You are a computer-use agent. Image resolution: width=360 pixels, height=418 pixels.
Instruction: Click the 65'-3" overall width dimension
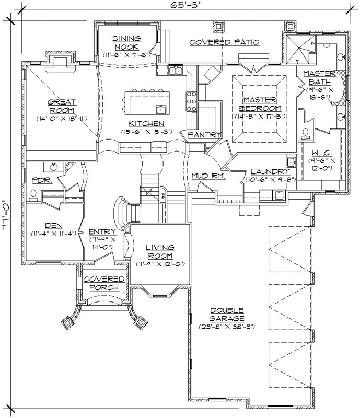[x=179, y=6]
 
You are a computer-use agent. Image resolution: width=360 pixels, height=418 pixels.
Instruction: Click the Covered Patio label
[x=224, y=42]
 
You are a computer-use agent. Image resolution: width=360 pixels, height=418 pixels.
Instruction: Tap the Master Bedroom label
[x=259, y=103]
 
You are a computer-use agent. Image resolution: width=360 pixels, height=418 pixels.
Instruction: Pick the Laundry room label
[x=270, y=171]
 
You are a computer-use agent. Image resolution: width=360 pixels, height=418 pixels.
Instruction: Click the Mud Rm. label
[x=208, y=176]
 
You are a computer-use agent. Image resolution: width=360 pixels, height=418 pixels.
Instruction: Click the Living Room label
[x=159, y=250]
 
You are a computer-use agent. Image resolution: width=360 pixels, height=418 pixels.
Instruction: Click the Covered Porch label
[x=104, y=283]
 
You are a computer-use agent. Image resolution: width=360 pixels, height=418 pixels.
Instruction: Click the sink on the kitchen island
[x=161, y=109]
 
